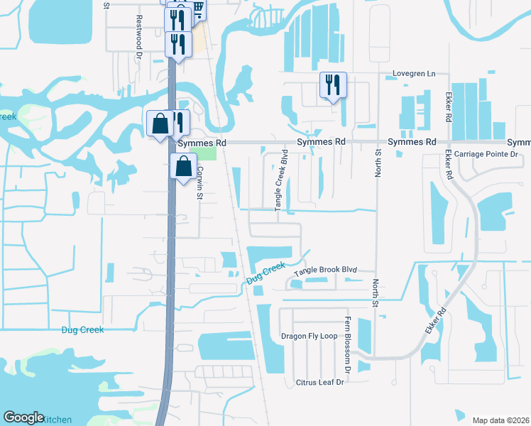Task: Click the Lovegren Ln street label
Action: [x=414, y=74]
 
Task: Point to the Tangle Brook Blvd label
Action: [x=324, y=271]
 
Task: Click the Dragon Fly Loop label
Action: [x=309, y=336]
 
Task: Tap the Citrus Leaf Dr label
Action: [x=319, y=383]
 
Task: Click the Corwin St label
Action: [x=200, y=182]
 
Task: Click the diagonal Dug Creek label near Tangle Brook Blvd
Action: [x=265, y=273]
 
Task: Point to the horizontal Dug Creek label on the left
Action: [x=82, y=329]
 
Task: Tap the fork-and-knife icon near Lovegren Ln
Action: [x=333, y=85]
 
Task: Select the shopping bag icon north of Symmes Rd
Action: [x=160, y=124]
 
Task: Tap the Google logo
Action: [x=23, y=417]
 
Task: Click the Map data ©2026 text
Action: [x=500, y=420]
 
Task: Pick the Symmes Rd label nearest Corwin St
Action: [x=202, y=143]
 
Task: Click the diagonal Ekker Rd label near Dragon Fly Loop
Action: [x=436, y=322]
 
